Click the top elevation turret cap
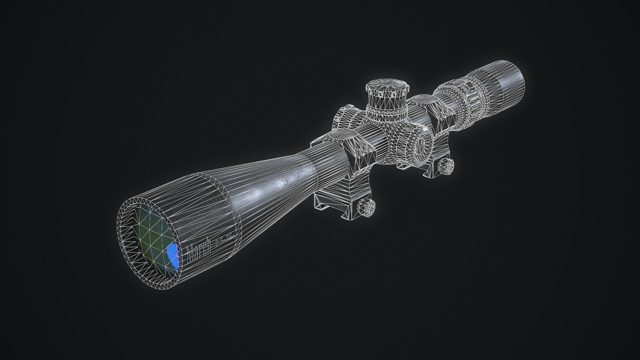pyautogui.click(x=388, y=88)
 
